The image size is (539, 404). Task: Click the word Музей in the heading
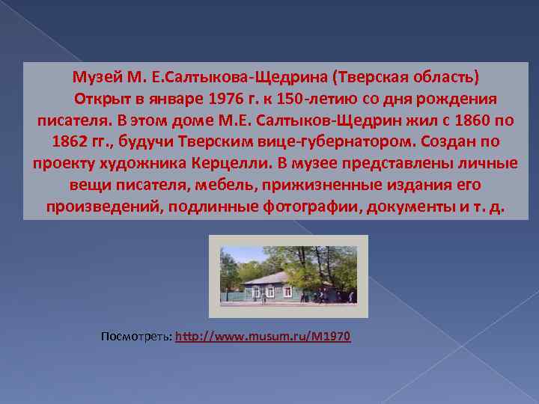pos(94,77)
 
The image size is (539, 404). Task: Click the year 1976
pos(231,99)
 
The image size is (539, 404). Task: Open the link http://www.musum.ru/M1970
pos(263,337)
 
